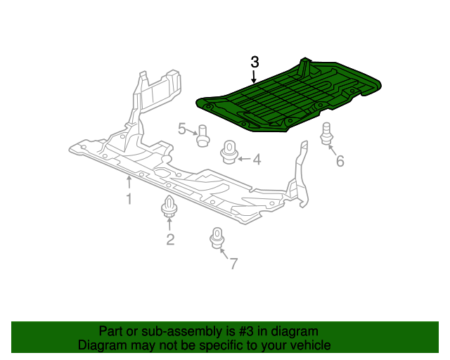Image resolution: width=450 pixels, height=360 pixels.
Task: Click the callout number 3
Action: tap(255, 62)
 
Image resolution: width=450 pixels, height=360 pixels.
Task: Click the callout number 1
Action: tap(129, 199)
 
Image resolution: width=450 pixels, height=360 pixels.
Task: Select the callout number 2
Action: tap(170, 240)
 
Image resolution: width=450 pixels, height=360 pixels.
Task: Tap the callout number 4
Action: tap(256, 160)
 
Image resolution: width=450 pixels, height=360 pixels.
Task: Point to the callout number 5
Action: tap(182, 129)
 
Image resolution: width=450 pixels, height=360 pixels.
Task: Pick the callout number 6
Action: tap(340, 162)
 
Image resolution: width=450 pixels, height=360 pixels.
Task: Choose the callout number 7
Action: tap(233, 264)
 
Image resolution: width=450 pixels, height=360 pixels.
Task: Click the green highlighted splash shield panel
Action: tap(288, 98)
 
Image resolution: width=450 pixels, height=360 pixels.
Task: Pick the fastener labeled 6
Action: tap(326, 134)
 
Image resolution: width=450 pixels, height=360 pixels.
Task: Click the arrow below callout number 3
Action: tap(254, 77)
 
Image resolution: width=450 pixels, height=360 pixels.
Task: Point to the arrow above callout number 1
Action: tap(129, 184)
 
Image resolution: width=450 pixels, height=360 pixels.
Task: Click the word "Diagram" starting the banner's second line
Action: tap(101, 345)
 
